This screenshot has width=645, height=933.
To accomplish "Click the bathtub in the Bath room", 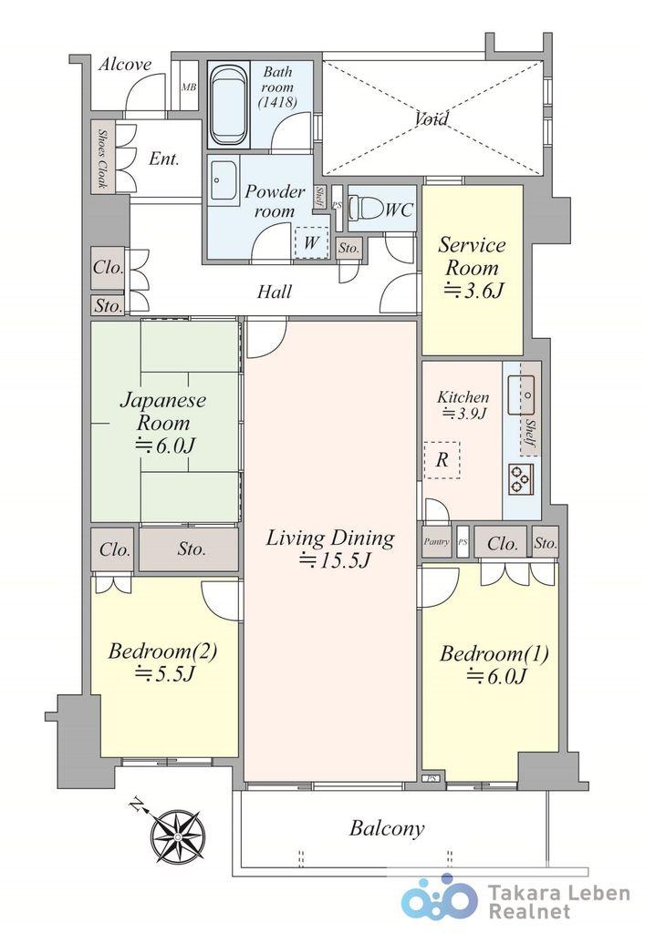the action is tap(227, 105).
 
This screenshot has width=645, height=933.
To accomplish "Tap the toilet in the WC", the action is tap(363, 210).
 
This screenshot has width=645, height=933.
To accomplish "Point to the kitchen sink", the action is tap(521, 395).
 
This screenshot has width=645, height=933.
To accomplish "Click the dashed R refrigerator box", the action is tap(442, 460).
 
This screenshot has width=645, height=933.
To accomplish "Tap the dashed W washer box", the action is tap(311, 242).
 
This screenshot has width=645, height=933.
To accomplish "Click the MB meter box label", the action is tap(189, 87).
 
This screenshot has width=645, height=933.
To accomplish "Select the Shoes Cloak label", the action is tap(102, 159).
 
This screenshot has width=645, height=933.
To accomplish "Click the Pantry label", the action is tap(437, 542).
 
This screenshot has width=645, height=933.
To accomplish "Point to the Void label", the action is tap(432, 118).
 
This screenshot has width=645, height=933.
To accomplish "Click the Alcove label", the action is tap(125, 64).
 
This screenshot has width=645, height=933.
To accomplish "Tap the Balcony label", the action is tap(387, 827).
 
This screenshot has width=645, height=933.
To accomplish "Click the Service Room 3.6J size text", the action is tap(474, 290).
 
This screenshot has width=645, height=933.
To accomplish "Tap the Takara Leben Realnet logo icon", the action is tap(440, 897).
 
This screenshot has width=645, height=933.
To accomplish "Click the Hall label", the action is tap(275, 292).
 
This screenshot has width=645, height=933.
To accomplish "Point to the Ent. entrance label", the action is tap(164, 159).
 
